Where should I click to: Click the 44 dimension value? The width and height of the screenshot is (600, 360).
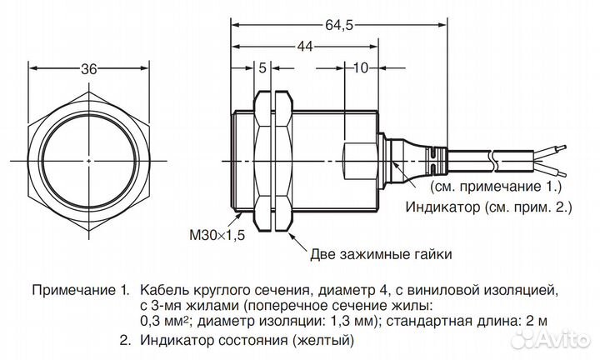pyautogui.click(x=307, y=49)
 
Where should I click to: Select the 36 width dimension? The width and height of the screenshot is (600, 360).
pyautogui.click(x=89, y=70)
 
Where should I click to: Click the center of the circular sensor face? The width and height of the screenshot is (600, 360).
pyautogui.click(x=89, y=158)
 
